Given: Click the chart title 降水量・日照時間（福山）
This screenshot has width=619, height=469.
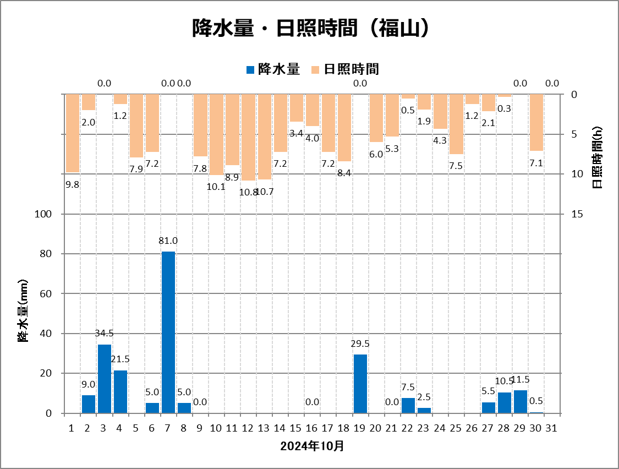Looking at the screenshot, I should (309, 29).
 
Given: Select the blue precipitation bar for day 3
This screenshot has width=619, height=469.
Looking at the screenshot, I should (105, 379).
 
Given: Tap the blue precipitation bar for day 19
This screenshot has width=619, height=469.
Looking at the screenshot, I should (360, 384).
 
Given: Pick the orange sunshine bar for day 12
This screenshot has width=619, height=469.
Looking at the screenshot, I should (249, 137).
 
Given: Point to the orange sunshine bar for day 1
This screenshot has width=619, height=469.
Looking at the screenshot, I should (73, 133).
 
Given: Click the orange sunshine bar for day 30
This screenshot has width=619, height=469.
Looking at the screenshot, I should (536, 122).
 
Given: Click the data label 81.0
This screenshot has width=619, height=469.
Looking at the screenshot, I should (168, 241).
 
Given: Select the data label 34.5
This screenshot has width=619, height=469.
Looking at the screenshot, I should (105, 333).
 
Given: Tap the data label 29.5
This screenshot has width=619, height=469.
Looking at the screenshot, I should (360, 343).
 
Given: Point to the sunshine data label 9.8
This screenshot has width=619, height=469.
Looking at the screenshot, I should (73, 185).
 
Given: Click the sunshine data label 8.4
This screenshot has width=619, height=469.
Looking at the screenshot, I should (344, 173).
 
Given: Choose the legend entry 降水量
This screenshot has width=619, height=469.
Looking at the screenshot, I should (273, 69).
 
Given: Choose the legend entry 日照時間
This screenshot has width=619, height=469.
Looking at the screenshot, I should (345, 69).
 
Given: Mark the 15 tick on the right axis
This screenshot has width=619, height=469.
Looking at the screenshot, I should (577, 214).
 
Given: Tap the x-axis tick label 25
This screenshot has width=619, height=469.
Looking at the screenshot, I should (456, 428).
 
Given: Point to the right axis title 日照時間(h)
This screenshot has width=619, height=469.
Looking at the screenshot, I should (598, 157).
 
